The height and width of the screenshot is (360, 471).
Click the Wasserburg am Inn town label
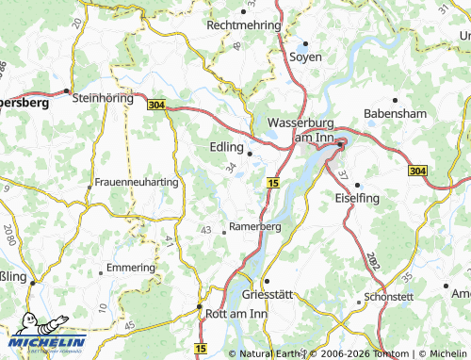point(301,130)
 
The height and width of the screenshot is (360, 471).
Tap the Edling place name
point(224,147)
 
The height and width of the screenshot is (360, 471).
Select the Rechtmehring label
point(244,25)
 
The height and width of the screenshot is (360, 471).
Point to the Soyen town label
point(305,57)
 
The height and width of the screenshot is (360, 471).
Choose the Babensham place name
point(396,113)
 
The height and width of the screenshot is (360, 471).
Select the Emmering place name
point(131,268)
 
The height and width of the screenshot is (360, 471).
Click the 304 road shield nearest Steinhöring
point(156,106)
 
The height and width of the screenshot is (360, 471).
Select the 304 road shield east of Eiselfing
point(417,171)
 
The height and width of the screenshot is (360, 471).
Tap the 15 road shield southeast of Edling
point(272,182)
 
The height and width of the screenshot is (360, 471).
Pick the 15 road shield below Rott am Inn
point(200,349)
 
